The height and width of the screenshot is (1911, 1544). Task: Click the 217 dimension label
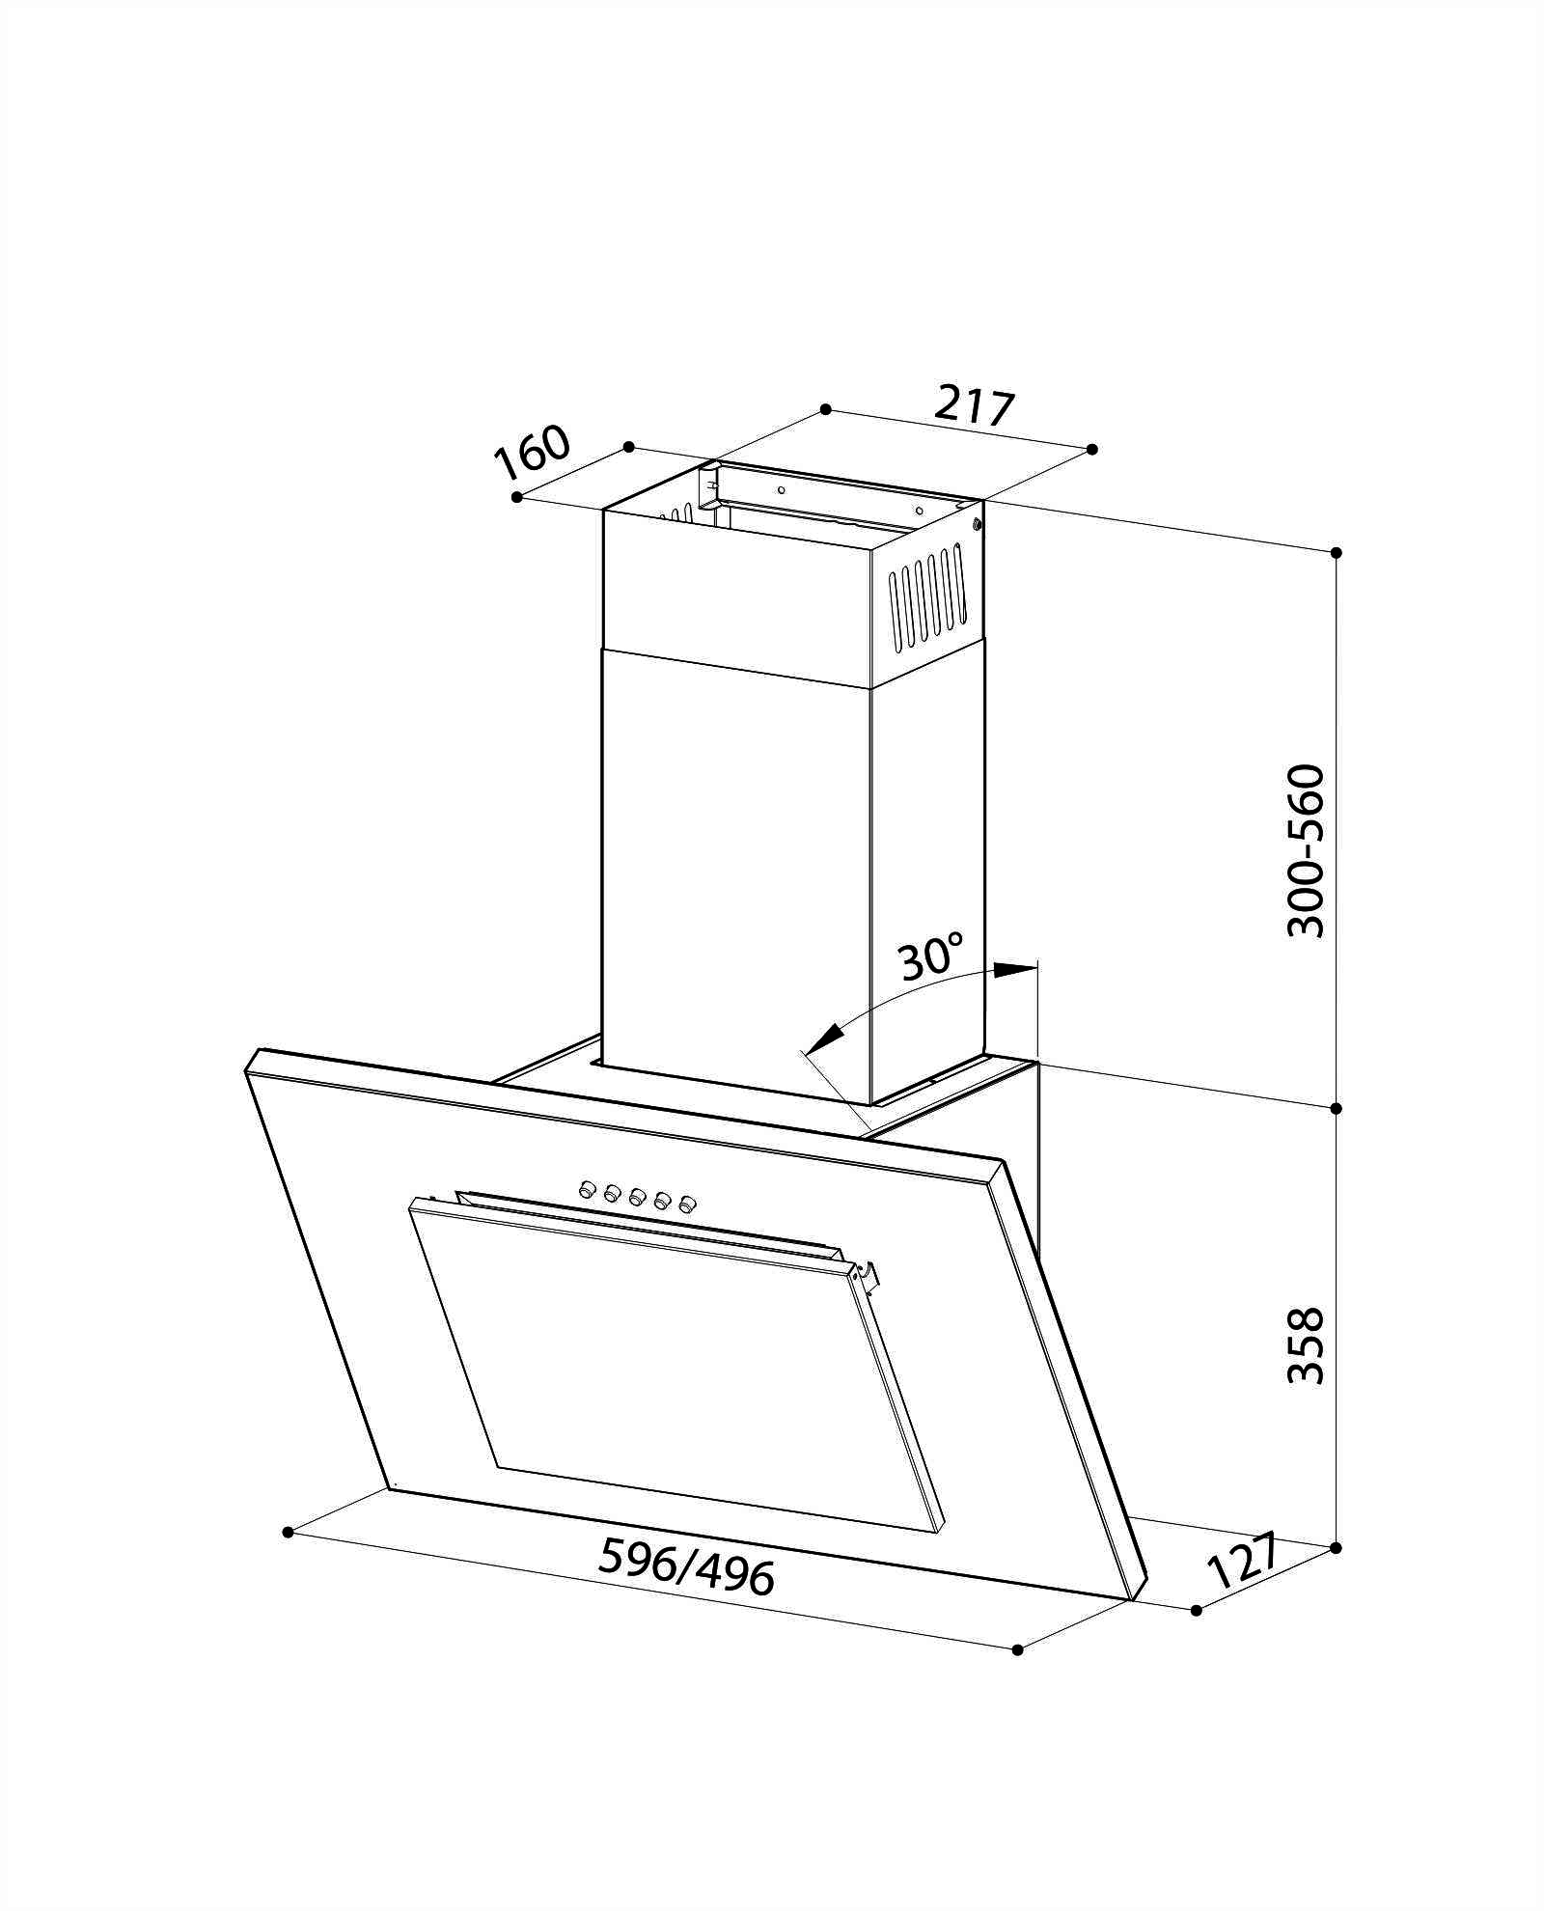(x=975, y=406)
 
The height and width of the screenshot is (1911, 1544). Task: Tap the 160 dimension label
(x=534, y=452)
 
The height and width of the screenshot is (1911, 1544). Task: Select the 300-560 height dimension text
(x=1307, y=850)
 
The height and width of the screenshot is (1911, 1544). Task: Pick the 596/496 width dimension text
(x=687, y=1566)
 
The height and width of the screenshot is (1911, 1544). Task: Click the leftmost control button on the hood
(x=586, y=1189)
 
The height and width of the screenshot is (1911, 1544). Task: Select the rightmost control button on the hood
(x=687, y=1204)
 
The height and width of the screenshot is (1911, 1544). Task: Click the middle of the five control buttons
(x=637, y=1197)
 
